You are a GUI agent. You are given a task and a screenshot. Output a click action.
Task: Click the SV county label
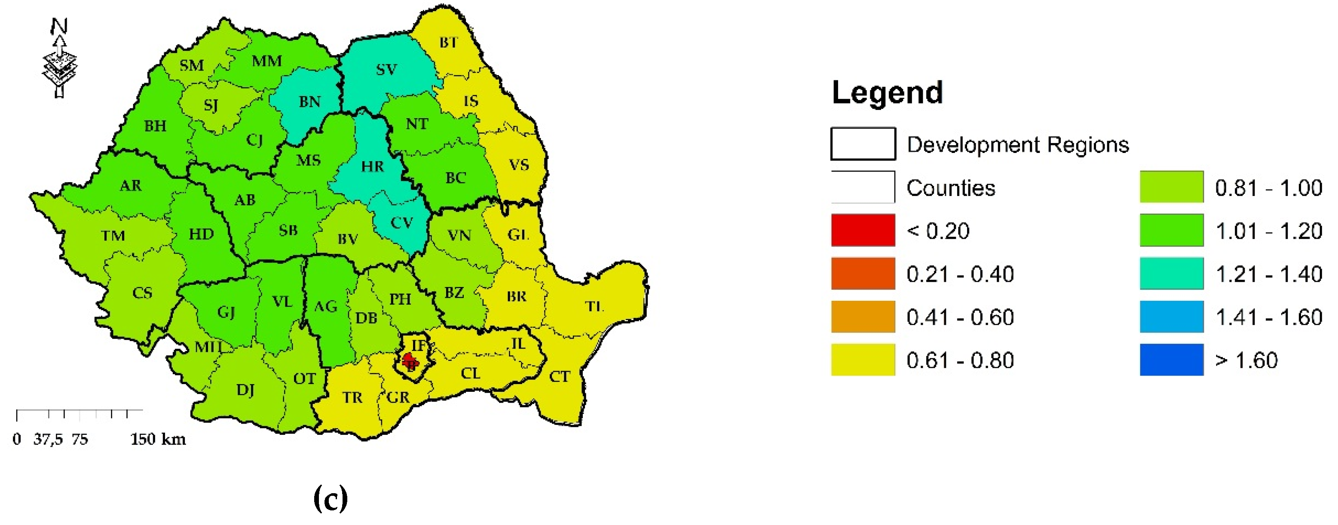(x=386, y=70)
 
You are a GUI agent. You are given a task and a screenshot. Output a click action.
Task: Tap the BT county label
(x=449, y=43)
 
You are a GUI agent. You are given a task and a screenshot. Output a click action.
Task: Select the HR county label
(x=372, y=166)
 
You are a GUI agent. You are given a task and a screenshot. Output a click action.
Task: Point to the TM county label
(x=113, y=236)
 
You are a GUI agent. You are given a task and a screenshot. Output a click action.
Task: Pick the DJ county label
(x=245, y=390)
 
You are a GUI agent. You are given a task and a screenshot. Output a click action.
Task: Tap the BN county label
(x=309, y=101)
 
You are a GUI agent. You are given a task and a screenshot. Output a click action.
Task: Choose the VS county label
(x=519, y=165)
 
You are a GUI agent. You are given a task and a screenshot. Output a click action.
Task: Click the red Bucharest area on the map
(x=410, y=360)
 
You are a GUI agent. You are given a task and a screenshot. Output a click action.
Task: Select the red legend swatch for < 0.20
(x=863, y=230)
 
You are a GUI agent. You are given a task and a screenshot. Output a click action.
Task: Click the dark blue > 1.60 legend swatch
(x=1171, y=359)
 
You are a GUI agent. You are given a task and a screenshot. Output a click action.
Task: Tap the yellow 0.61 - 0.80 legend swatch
(x=863, y=359)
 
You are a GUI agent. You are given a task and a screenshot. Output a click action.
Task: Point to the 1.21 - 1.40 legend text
(x=1268, y=274)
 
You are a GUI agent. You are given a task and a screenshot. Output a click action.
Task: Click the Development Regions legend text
(x=1017, y=144)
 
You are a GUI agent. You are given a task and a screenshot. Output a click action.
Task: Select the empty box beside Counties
(x=863, y=187)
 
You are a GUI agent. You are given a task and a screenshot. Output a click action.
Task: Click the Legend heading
(x=887, y=92)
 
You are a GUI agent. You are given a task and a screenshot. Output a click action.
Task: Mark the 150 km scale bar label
(x=158, y=440)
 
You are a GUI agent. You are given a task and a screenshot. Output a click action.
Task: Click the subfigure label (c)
(x=331, y=498)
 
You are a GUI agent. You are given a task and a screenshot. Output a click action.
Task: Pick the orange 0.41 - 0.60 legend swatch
(x=863, y=316)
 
